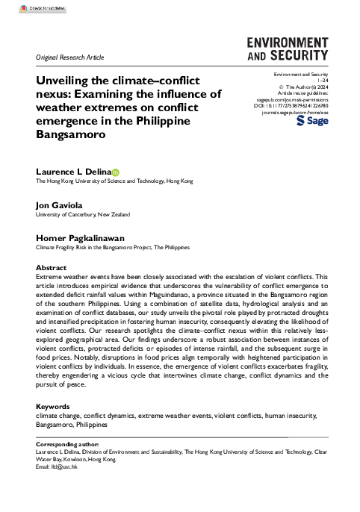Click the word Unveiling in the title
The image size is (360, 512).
pyautogui.click(x=63, y=81)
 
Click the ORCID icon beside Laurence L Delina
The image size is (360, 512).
pyautogui.click(x=116, y=172)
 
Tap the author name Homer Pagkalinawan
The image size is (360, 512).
pyautogui.click(x=82, y=237)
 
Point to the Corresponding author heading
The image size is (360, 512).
pyautogui.click(x=69, y=443)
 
